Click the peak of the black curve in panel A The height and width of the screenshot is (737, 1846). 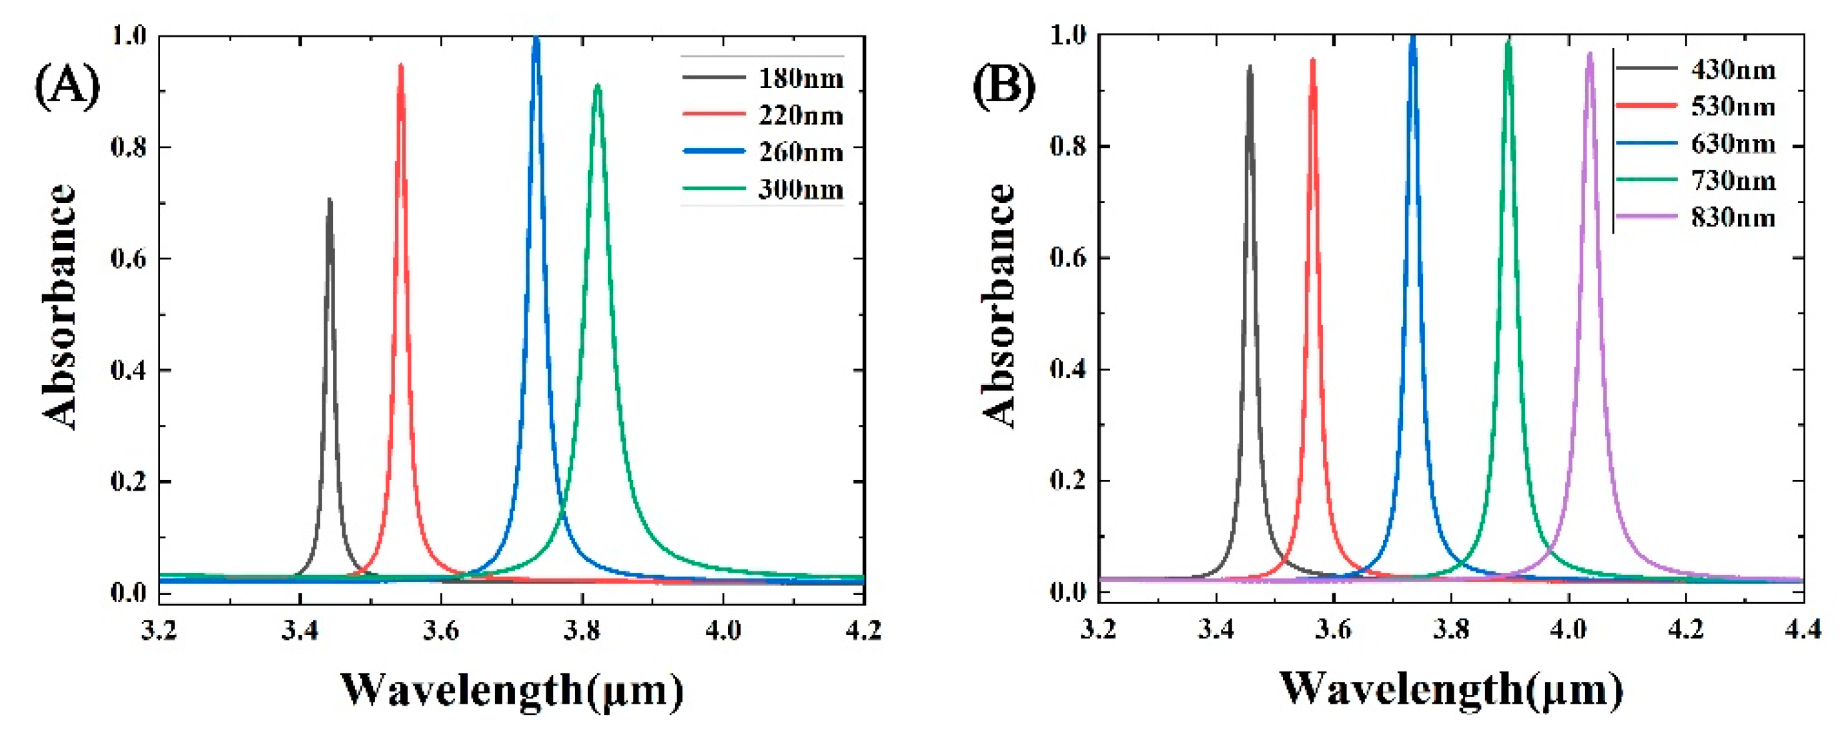[330, 200]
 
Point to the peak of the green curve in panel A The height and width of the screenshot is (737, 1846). [597, 85]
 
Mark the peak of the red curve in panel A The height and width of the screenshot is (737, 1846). [402, 65]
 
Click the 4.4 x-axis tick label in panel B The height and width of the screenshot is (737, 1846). [1803, 631]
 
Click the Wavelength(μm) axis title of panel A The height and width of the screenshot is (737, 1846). [512, 690]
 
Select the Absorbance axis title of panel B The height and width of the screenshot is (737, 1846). [999, 307]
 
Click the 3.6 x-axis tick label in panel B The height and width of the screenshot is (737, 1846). [1334, 631]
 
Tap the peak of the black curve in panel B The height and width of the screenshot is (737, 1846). [1250, 66]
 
